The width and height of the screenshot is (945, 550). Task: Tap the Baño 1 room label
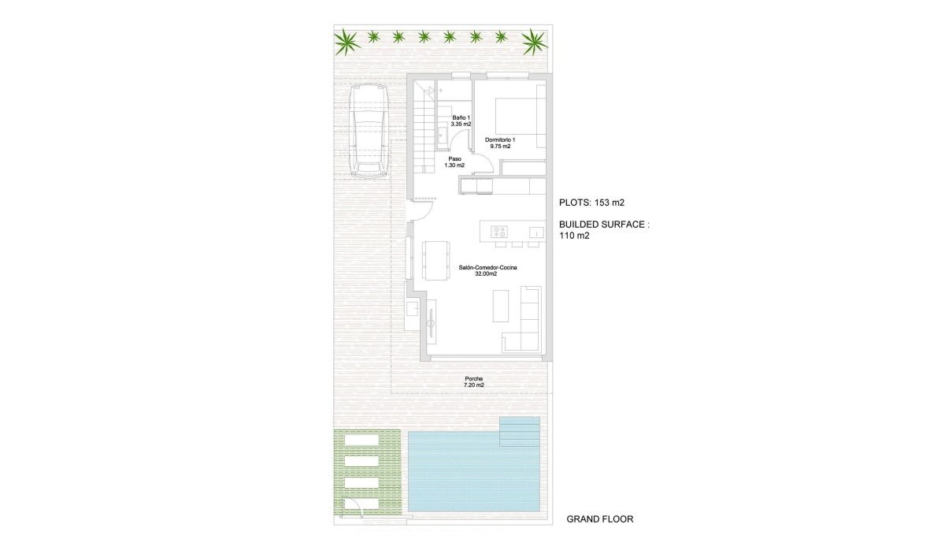[461, 121]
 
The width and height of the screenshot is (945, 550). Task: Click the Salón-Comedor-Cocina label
[488, 270]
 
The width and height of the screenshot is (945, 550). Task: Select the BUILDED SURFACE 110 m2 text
[604, 229]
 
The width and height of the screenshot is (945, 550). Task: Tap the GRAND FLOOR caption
[600, 519]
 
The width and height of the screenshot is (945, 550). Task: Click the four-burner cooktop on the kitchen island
[499, 231]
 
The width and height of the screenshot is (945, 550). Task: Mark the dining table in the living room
[433, 258]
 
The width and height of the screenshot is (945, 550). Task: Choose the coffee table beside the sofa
[502, 306]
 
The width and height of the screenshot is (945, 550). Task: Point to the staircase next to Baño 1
[424, 126]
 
